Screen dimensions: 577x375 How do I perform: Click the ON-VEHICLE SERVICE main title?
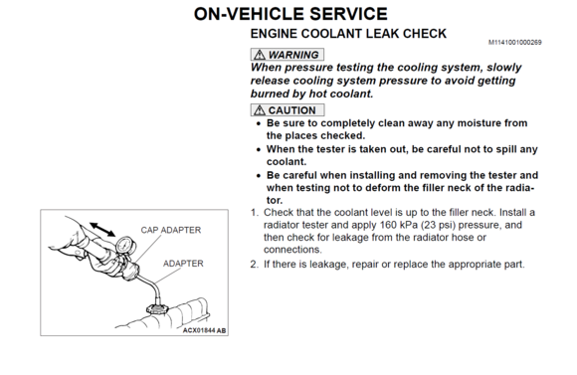(x=290, y=14)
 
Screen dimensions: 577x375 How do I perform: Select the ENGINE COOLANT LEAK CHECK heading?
(x=348, y=34)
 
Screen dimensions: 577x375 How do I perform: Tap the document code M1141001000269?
(x=514, y=43)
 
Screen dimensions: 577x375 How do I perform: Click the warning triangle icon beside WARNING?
(x=260, y=55)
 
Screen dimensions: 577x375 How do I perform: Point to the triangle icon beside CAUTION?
(x=260, y=110)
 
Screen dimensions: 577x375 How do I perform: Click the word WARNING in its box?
(x=293, y=55)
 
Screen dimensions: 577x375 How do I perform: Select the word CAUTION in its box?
(x=292, y=110)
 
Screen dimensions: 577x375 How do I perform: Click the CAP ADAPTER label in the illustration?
(x=171, y=230)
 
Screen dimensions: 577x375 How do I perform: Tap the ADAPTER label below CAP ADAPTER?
(x=183, y=264)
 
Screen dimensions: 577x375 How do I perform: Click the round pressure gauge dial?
(x=125, y=246)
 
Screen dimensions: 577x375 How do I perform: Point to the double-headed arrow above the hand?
(x=102, y=229)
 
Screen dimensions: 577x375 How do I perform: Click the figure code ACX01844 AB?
(x=204, y=330)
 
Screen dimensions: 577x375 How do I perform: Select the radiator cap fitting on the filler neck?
(x=158, y=308)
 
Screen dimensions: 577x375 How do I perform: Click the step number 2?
(x=255, y=265)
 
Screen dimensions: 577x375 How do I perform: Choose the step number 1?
(x=254, y=213)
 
